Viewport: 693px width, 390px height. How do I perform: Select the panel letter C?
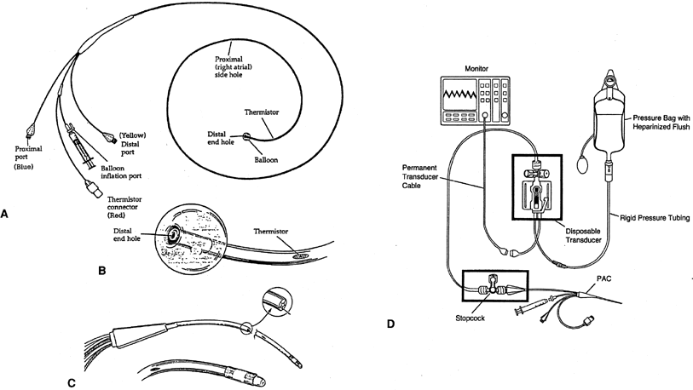click(72, 381)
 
